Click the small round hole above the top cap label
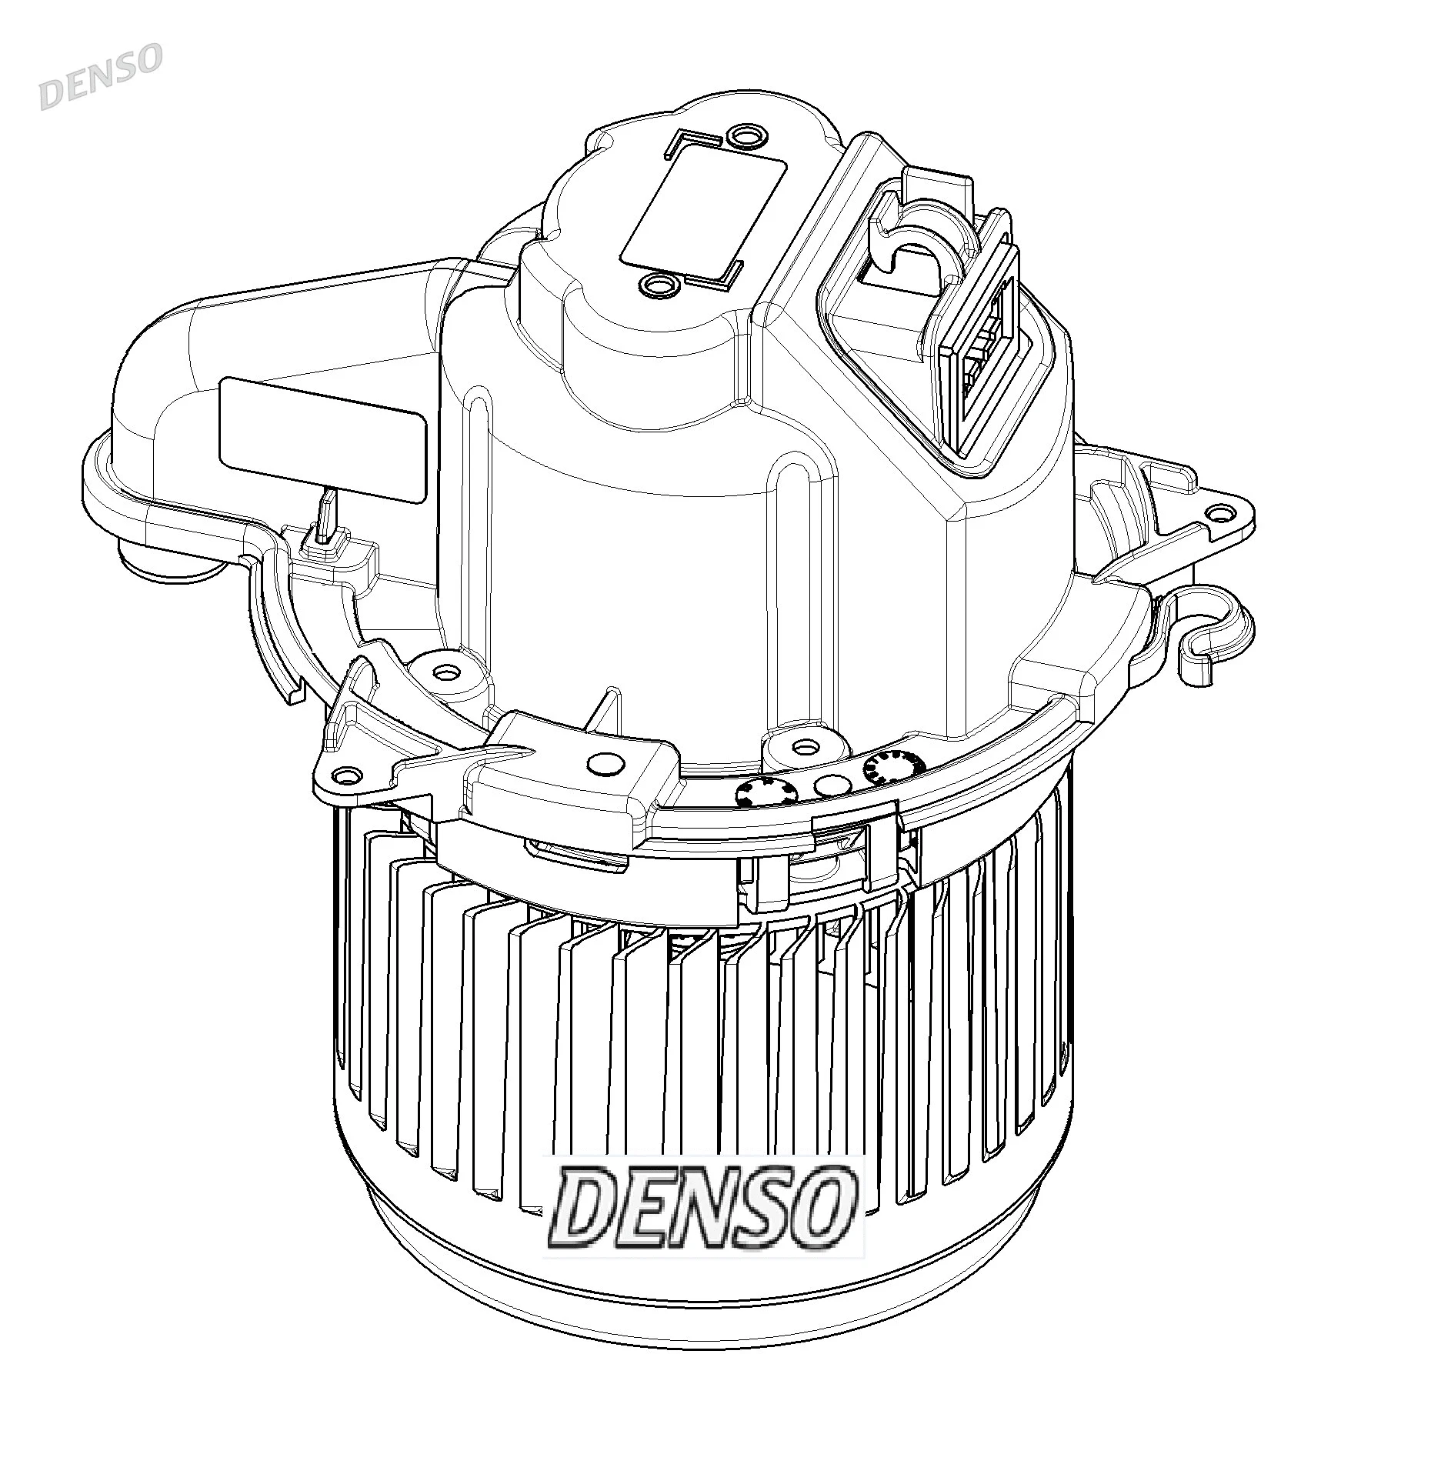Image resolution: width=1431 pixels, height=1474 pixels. click(743, 138)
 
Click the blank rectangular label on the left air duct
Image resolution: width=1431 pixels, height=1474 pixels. click(323, 440)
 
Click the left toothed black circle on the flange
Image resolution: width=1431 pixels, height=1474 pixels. click(757, 793)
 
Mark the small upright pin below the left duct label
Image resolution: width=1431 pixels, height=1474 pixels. click(327, 514)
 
